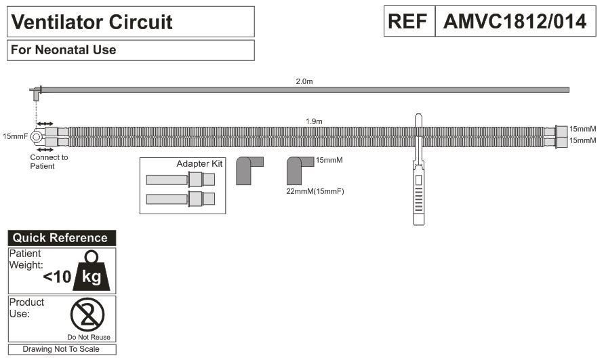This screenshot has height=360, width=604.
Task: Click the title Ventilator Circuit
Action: [92, 22]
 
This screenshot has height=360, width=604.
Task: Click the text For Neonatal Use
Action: [62, 50]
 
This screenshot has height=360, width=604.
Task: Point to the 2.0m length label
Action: [304, 81]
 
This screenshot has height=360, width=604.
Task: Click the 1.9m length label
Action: [314, 121]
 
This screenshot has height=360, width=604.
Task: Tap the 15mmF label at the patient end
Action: [16, 136]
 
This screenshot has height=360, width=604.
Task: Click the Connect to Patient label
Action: [49, 161]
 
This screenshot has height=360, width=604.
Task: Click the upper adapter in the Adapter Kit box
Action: [180, 180]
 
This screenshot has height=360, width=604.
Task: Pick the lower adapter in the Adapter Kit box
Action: [180, 199]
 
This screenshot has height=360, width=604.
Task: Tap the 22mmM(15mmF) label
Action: [315, 192]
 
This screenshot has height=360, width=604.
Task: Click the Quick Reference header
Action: [60, 238]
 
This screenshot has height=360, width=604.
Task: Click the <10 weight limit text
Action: [56, 277]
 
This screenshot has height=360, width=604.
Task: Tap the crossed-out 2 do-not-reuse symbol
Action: [88, 315]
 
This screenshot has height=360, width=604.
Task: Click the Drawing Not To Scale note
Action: [61, 349]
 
